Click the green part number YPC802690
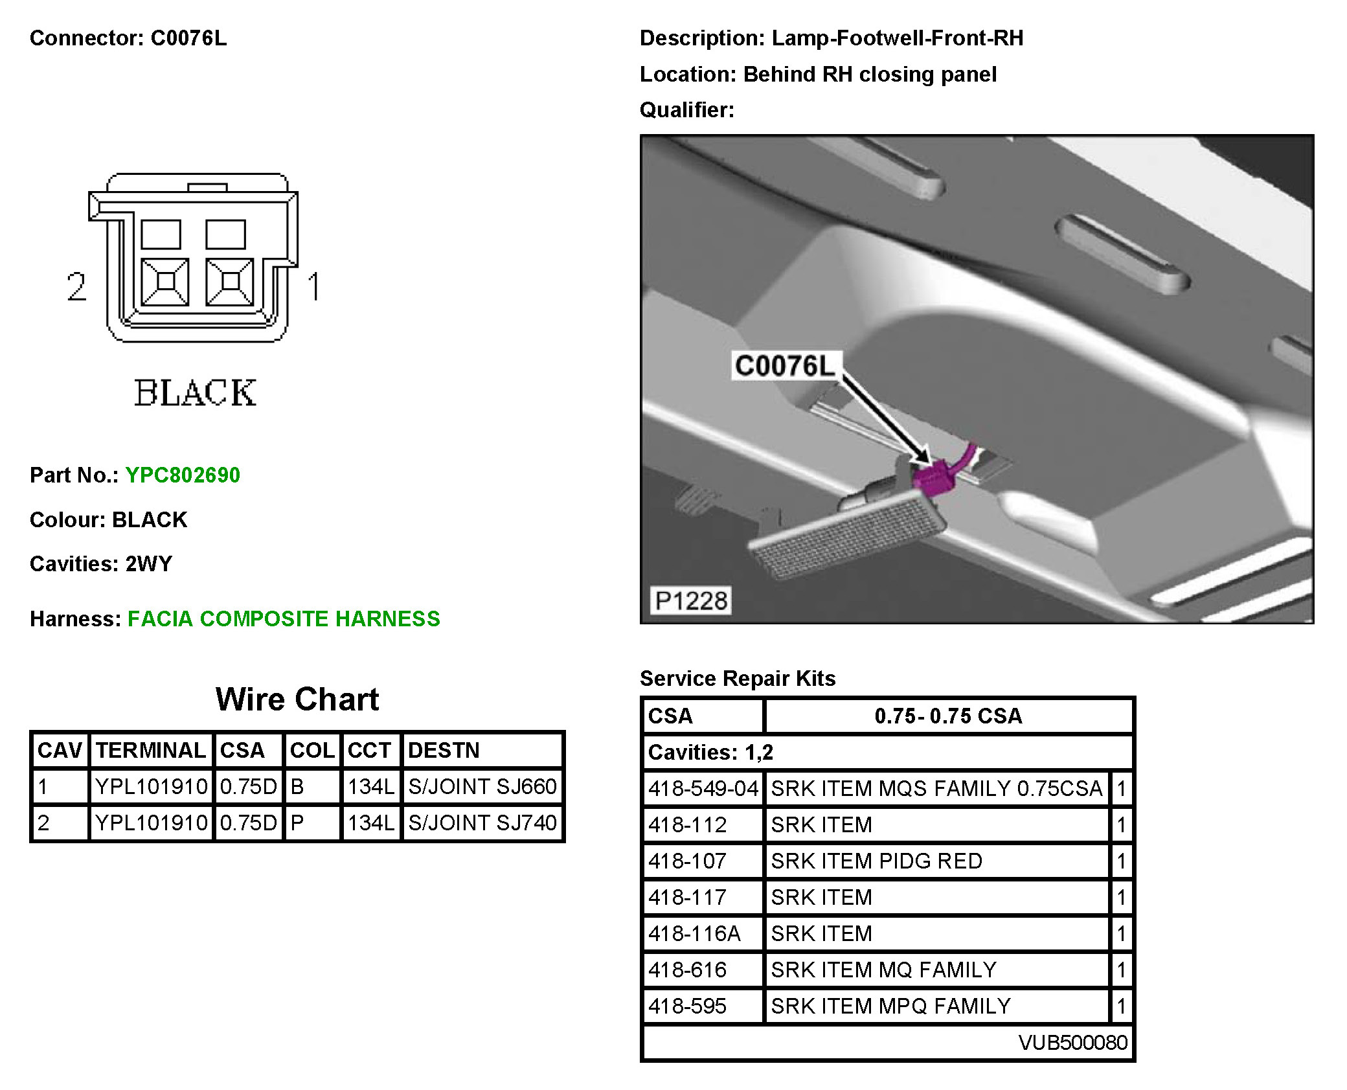coord(183,475)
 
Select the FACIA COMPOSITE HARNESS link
coord(284,619)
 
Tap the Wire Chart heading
coord(297,699)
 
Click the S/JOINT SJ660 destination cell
coord(482,787)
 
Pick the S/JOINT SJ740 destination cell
coord(482,823)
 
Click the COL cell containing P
coord(312,823)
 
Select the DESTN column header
coord(482,751)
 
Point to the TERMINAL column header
coord(151,751)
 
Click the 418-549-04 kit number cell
coord(703,789)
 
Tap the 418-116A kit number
coord(694,934)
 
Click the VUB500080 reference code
coord(1072,1043)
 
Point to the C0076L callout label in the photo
coord(785,367)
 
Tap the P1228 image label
coord(691,601)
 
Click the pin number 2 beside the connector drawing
coord(76,286)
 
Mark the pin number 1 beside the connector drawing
coord(314,286)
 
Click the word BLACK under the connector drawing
coord(195,393)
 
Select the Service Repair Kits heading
coord(737,679)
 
